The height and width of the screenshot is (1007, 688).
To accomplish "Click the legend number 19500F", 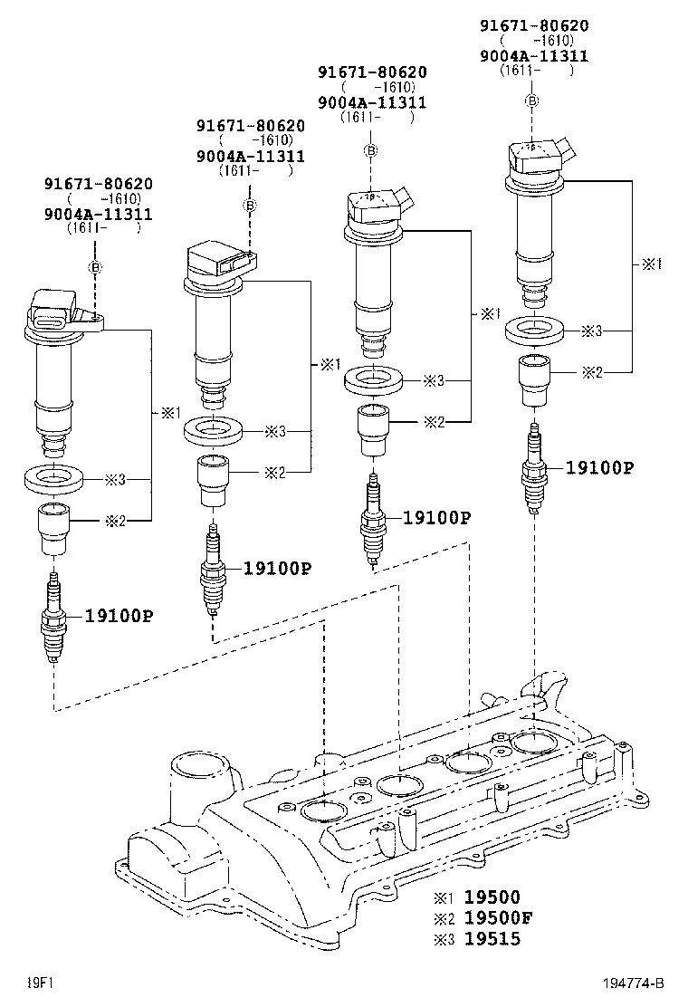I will (x=498, y=917).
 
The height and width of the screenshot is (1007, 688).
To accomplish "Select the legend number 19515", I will (x=492, y=938).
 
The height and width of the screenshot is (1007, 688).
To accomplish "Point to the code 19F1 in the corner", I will (x=37, y=983).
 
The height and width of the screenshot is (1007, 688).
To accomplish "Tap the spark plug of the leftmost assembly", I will (x=54, y=621).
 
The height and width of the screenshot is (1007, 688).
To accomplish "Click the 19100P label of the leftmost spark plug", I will (x=119, y=616).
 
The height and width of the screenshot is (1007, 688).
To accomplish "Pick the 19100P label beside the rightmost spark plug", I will (x=599, y=467).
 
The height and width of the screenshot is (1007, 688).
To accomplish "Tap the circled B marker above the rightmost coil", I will (x=532, y=100).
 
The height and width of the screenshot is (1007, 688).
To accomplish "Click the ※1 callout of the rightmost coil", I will (x=652, y=264).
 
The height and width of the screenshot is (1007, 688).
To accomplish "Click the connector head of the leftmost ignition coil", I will (x=56, y=311).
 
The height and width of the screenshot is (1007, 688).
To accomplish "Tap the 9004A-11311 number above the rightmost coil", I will (x=534, y=55).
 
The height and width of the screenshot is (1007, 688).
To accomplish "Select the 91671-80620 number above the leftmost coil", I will (x=99, y=184).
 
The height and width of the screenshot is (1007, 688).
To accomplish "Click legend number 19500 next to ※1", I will (x=492, y=897).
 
